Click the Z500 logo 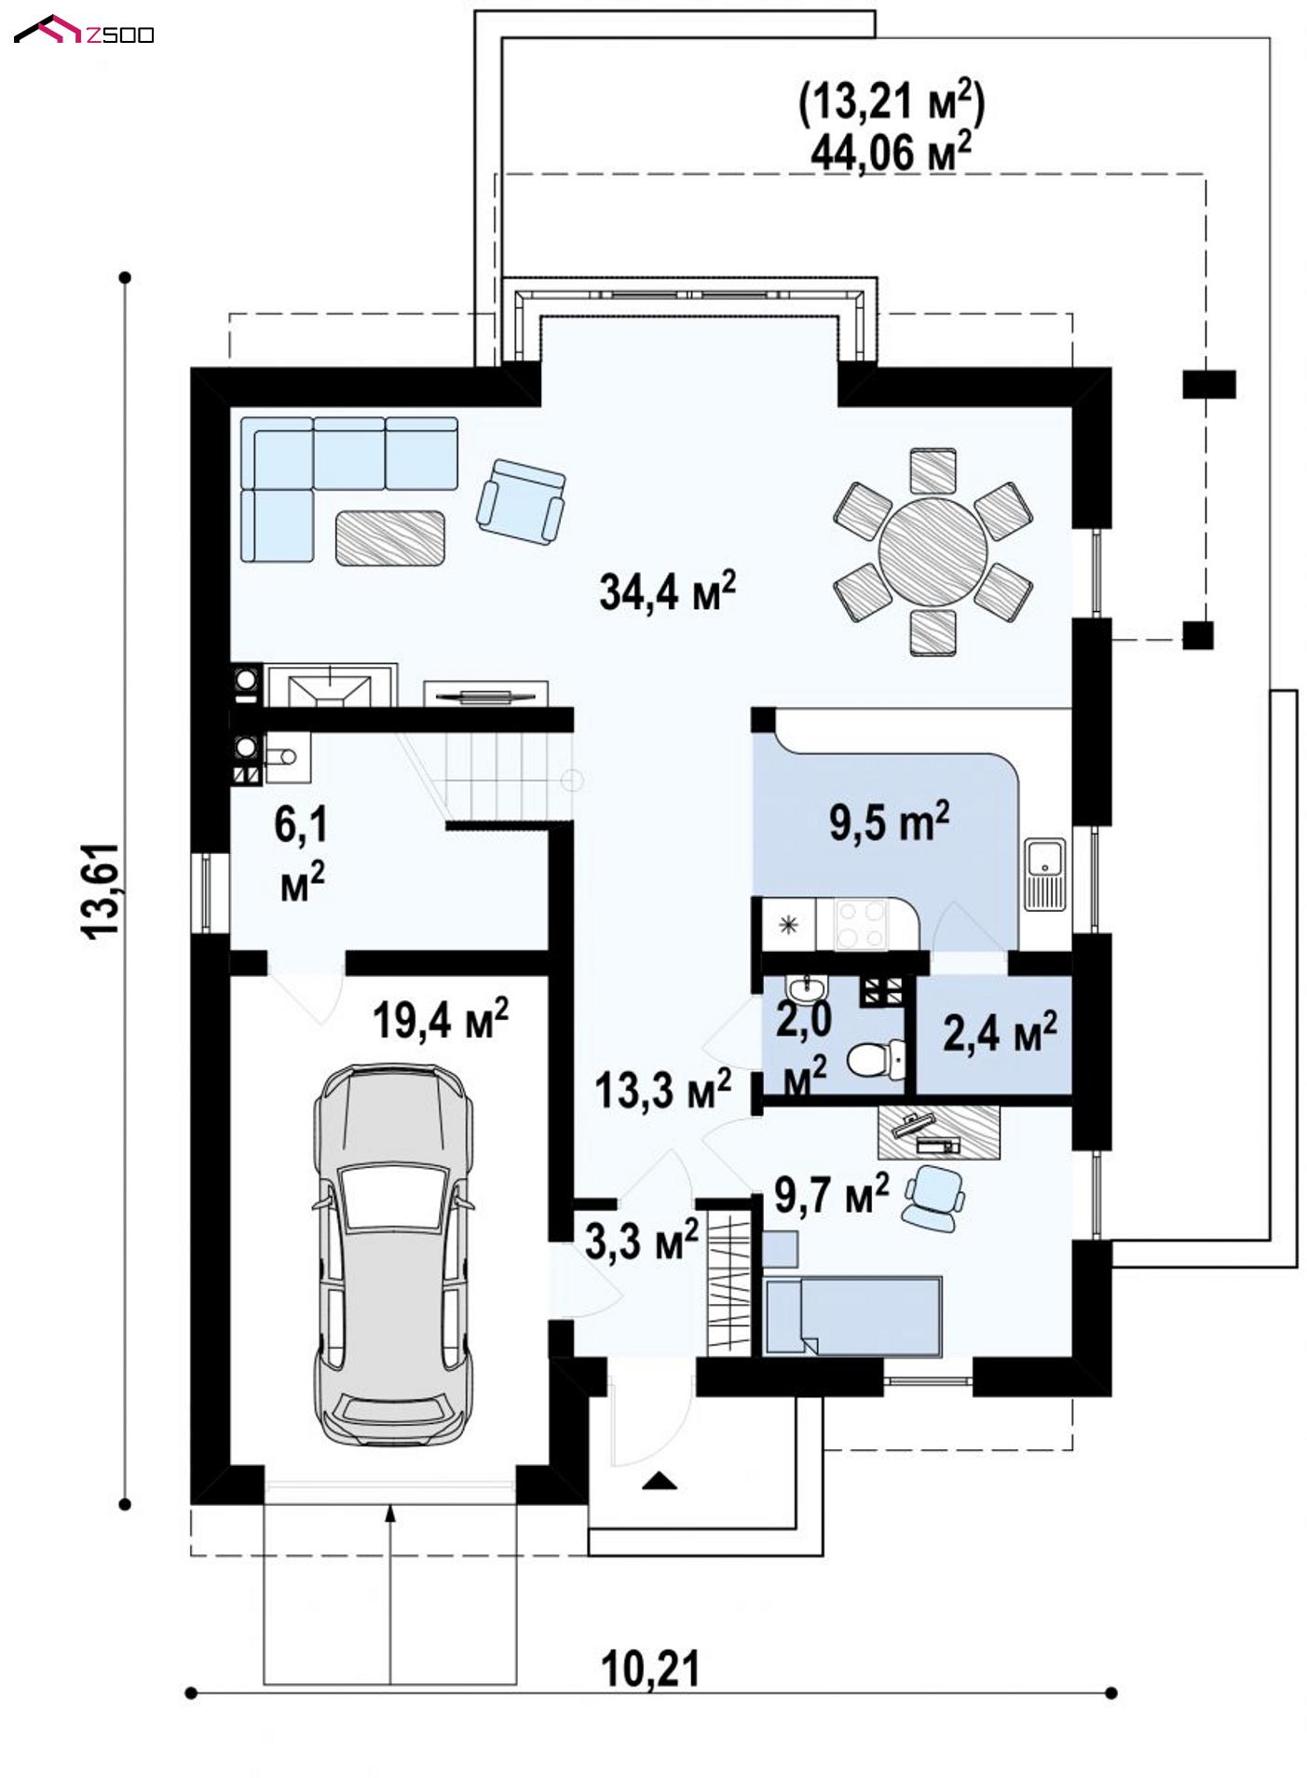point(84,33)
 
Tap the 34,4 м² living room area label point(667,590)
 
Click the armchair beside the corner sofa point(521,500)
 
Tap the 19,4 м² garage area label point(440,1020)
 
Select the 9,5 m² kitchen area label point(889,822)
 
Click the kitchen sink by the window point(1045,873)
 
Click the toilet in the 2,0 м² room point(877,1057)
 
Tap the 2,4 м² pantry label point(1000,1032)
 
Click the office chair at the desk point(933,1196)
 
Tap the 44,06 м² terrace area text point(892,150)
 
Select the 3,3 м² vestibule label point(642,1241)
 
